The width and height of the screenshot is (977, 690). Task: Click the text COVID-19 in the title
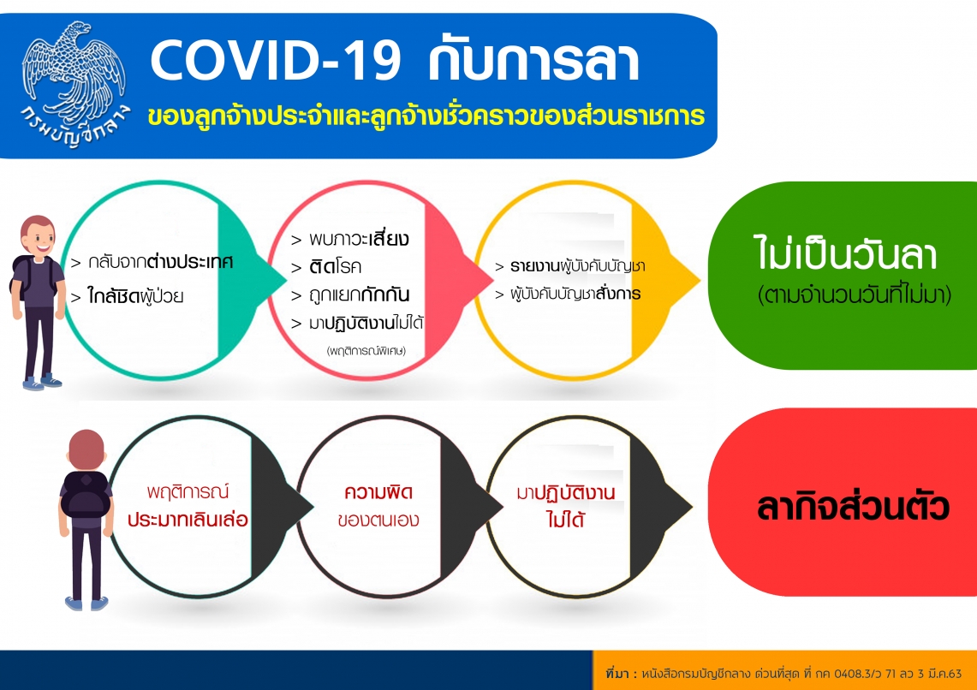pos(276,62)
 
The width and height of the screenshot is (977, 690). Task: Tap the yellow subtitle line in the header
pos(426,116)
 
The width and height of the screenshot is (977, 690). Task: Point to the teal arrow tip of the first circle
pos(284,278)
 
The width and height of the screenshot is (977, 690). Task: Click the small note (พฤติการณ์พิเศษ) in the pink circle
pos(366,351)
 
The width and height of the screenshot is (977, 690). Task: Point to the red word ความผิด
pos(378,492)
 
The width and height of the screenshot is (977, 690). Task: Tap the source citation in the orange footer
pos(783,673)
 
